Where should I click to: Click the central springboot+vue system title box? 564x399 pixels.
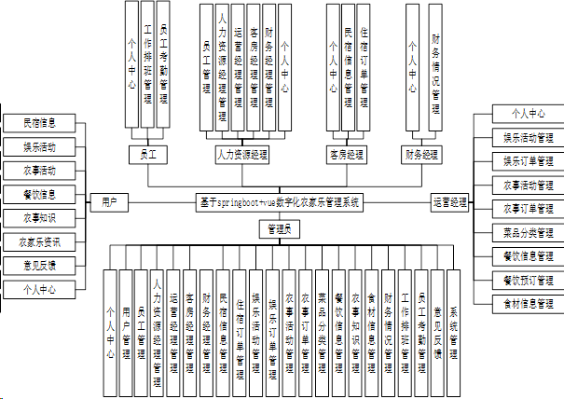coord(279,201)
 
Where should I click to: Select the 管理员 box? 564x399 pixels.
coord(279,228)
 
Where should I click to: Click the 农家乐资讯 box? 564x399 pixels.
coord(40,242)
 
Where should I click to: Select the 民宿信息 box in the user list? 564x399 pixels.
coord(40,122)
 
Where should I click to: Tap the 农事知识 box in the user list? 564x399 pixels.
coord(40,218)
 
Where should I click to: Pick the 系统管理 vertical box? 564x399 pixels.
coord(454,326)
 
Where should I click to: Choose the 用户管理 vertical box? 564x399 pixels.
coord(127,326)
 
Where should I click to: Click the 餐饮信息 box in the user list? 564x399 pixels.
coord(40,194)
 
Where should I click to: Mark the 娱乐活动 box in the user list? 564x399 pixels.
coord(40,146)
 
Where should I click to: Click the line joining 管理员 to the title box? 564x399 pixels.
coord(279,215)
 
